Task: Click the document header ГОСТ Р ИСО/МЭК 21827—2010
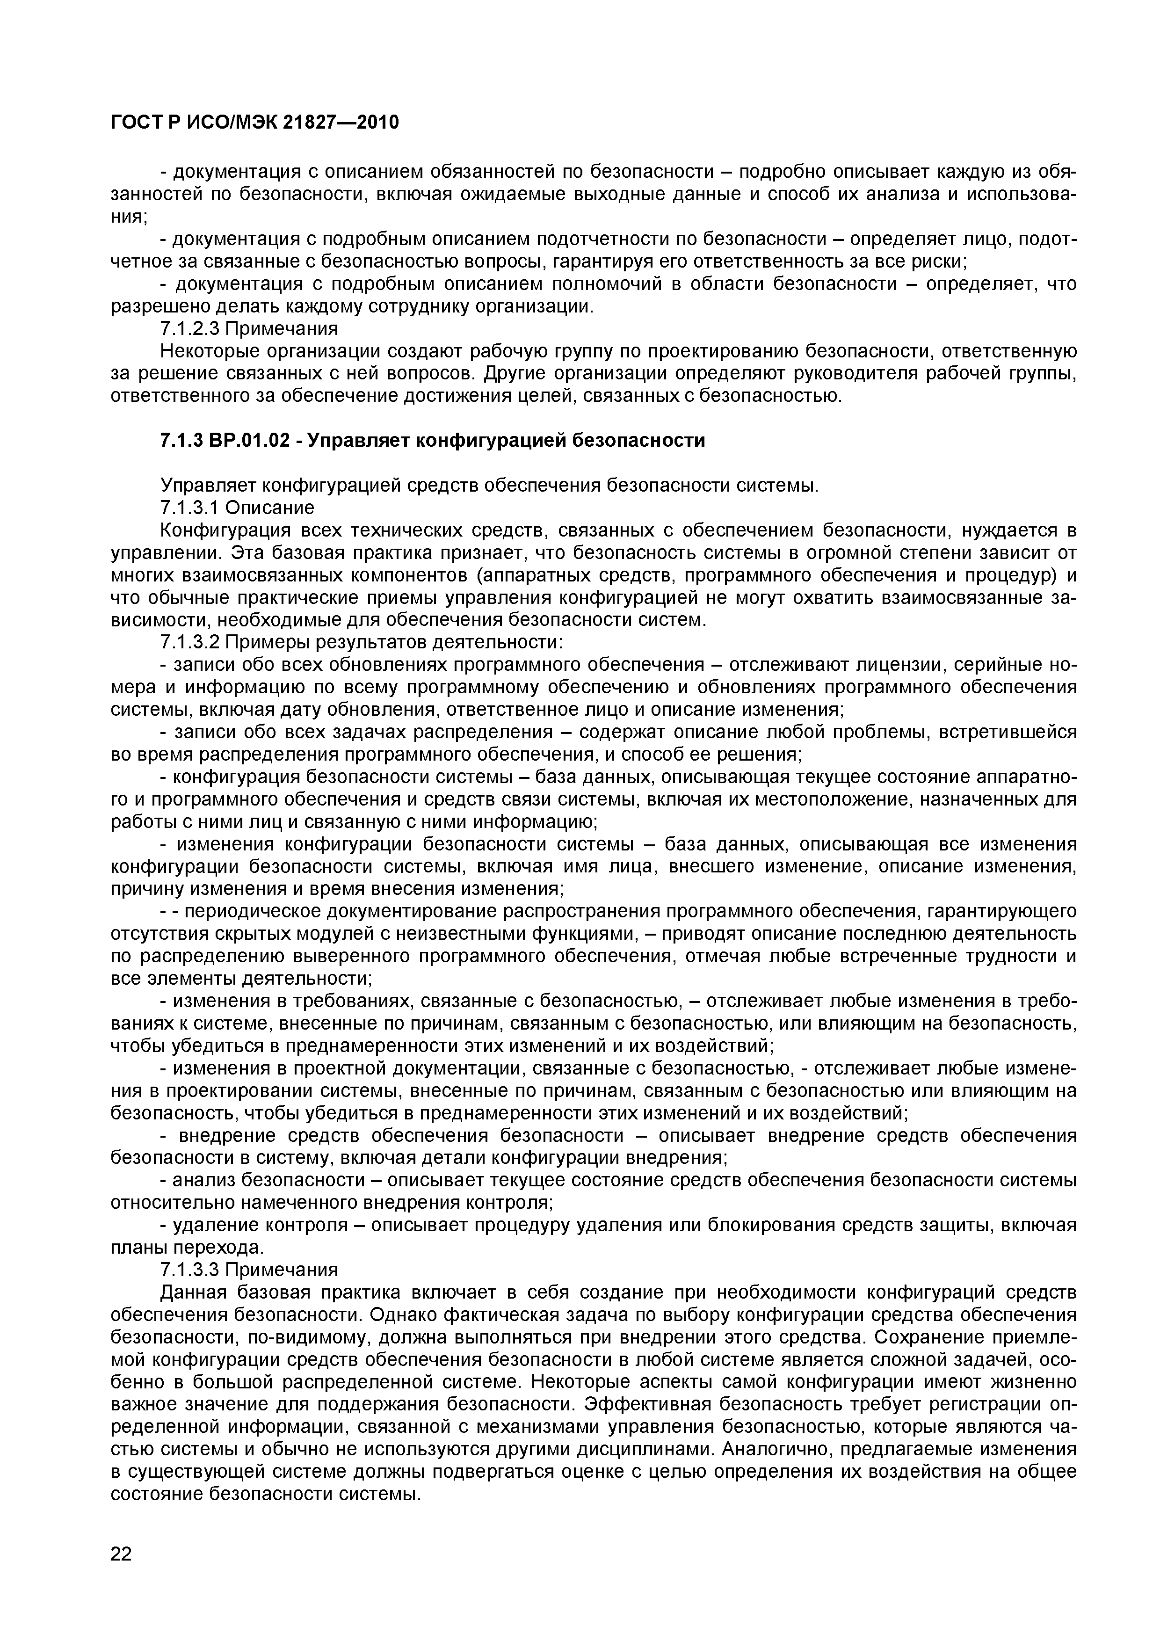point(254,123)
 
